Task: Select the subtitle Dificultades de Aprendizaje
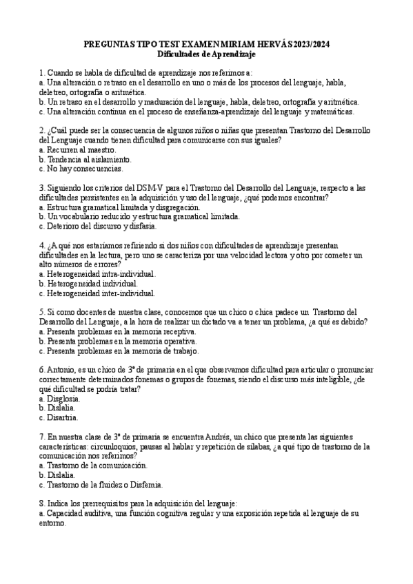tap(206, 53)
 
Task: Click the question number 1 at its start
tap(41, 72)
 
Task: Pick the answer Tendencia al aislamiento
tap(83, 159)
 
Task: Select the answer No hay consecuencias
tap(81, 169)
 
